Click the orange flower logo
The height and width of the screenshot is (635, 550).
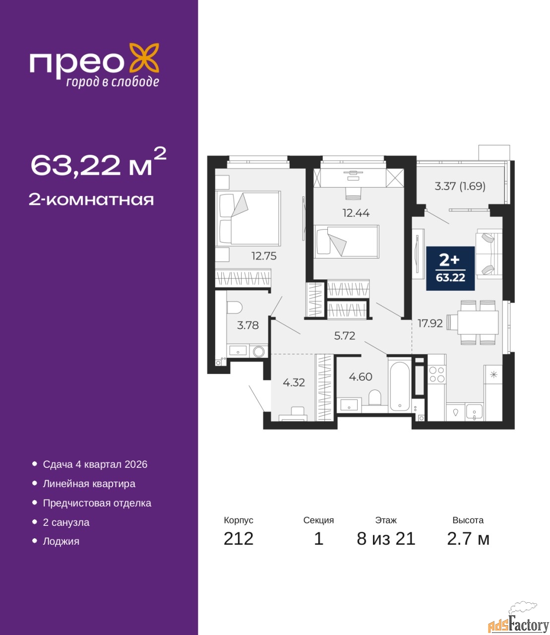(144, 58)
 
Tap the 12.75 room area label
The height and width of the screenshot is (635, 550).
(264, 256)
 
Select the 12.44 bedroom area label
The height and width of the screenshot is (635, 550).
(356, 213)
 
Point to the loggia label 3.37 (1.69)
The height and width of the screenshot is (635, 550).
(460, 186)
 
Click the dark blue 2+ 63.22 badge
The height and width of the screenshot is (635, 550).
(450, 268)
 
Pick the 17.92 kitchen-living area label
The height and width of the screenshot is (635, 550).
(430, 323)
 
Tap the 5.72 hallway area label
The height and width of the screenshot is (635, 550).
(345, 336)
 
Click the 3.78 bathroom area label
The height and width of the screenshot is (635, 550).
(248, 325)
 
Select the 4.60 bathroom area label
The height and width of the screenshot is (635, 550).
(361, 377)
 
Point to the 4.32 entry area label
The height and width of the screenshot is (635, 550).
(294, 382)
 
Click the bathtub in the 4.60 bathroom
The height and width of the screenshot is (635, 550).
(399, 387)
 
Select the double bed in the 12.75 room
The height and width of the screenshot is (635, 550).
(248, 218)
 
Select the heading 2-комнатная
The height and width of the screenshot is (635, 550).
(91, 200)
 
